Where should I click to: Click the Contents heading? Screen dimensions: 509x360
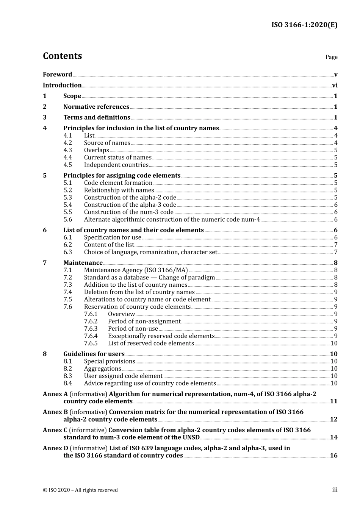[62, 56]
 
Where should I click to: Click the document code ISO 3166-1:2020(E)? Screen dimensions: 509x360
[304, 25]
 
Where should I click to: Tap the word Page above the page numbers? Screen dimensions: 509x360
[331, 57]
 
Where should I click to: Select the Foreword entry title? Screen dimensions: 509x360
[57, 75]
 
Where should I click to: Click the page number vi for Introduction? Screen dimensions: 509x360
[335, 85]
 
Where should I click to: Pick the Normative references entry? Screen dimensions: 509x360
[96, 107]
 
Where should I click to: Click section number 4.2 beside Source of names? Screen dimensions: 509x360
[67, 143]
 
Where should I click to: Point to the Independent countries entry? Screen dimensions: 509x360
[116, 165]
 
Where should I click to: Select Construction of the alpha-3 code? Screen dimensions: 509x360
[130, 205]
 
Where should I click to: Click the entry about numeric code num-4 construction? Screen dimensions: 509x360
[172, 220]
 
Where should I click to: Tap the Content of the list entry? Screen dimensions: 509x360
[109, 245]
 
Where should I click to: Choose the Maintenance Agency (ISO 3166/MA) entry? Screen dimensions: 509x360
[136, 270]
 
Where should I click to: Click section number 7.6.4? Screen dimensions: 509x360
[91, 336]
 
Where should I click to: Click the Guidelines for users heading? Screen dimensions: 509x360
[94, 354]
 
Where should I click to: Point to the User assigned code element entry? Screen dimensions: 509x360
[123, 376]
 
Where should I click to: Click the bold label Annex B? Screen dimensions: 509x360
[55, 412]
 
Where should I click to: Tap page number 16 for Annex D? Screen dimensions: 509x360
[333, 456]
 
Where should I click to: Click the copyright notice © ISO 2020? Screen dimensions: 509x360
[80, 490]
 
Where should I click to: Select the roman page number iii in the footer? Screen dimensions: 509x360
[335, 490]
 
